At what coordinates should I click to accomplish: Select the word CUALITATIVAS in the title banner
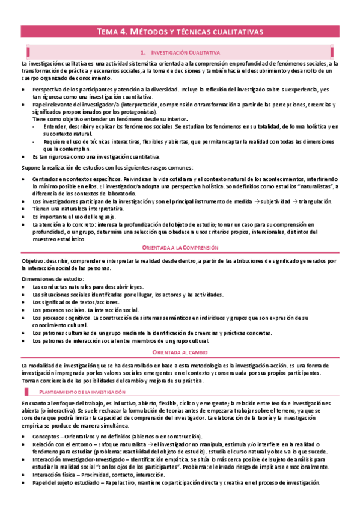[x=235, y=32]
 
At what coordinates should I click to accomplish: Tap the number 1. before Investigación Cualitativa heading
[x=142, y=53]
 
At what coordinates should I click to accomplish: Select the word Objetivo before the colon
[x=32, y=262]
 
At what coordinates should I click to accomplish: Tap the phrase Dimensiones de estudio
[x=48, y=279]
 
